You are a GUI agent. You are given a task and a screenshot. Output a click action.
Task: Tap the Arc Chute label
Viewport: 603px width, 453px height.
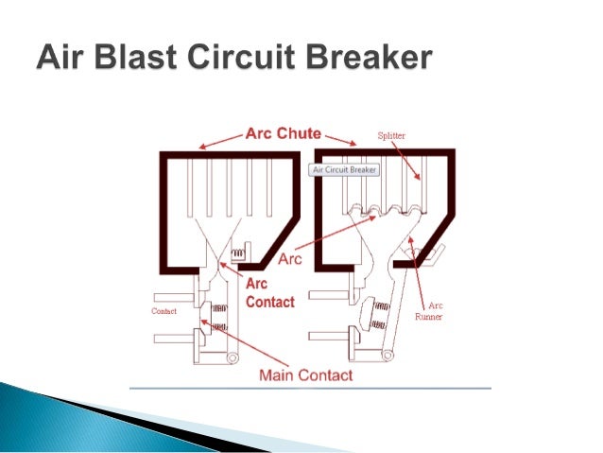[x=284, y=133]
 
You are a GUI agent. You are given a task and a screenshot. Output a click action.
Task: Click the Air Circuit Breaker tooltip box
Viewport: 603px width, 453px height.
[x=345, y=170]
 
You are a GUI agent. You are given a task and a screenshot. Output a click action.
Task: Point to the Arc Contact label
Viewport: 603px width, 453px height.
[x=269, y=292]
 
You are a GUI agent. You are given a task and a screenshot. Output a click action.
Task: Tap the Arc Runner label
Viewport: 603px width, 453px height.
[x=435, y=311]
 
